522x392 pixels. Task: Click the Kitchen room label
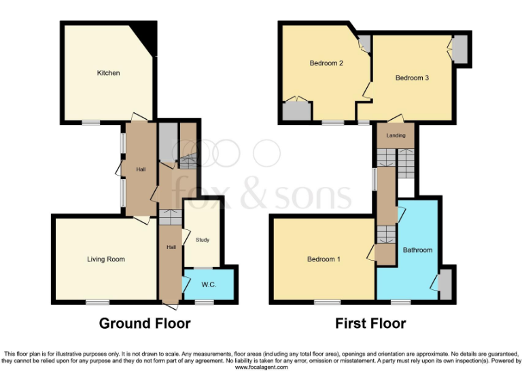tap(108, 73)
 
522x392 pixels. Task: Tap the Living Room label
tap(105, 259)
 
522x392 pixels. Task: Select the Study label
tap(203, 240)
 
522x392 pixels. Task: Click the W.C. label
tap(209, 284)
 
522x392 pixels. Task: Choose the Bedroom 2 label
tap(326, 64)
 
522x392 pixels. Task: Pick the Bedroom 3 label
tap(412, 78)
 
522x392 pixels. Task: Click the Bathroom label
tap(417, 250)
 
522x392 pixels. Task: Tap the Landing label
tap(396, 135)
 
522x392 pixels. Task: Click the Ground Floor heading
tap(145, 323)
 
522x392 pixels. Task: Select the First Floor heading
tap(370, 323)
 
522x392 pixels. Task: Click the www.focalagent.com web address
tap(262, 367)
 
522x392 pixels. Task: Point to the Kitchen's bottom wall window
tap(91, 122)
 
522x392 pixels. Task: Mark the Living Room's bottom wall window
tap(97, 301)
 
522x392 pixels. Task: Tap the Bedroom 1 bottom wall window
tap(327, 301)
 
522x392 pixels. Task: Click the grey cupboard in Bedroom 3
tap(460, 49)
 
